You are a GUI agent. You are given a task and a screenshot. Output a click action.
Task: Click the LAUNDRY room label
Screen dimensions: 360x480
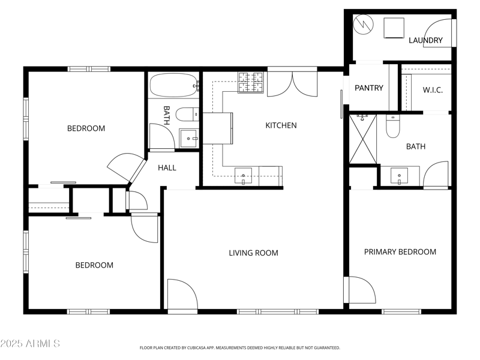(425, 40)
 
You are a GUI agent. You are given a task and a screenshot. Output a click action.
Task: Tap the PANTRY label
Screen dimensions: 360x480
(368, 88)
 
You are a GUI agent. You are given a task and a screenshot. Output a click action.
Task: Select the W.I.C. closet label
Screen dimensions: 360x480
(432, 90)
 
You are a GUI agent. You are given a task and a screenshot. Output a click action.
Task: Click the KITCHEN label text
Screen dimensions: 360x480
(281, 125)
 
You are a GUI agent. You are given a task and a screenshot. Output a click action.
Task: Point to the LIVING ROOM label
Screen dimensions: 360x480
(253, 253)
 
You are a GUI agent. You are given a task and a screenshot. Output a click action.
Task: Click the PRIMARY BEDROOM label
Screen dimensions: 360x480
(400, 251)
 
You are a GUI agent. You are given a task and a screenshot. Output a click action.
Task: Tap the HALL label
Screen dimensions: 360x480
(167, 167)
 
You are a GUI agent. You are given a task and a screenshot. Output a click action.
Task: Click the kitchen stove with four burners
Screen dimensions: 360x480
(251, 82)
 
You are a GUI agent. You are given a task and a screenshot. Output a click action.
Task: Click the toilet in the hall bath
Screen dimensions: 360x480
(190, 113)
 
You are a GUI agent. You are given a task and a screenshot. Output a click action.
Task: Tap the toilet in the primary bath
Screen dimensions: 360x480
(392, 126)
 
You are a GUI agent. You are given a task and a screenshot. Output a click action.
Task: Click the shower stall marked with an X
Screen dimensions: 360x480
(362, 139)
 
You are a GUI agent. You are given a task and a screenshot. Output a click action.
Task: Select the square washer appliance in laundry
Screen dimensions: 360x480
(394, 27)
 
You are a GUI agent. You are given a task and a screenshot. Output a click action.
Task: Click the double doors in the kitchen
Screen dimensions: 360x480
(292, 84)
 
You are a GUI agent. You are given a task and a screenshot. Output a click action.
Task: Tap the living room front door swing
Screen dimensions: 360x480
(182, 295)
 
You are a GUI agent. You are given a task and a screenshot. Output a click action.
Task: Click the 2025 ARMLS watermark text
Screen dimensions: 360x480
(30, 343)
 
